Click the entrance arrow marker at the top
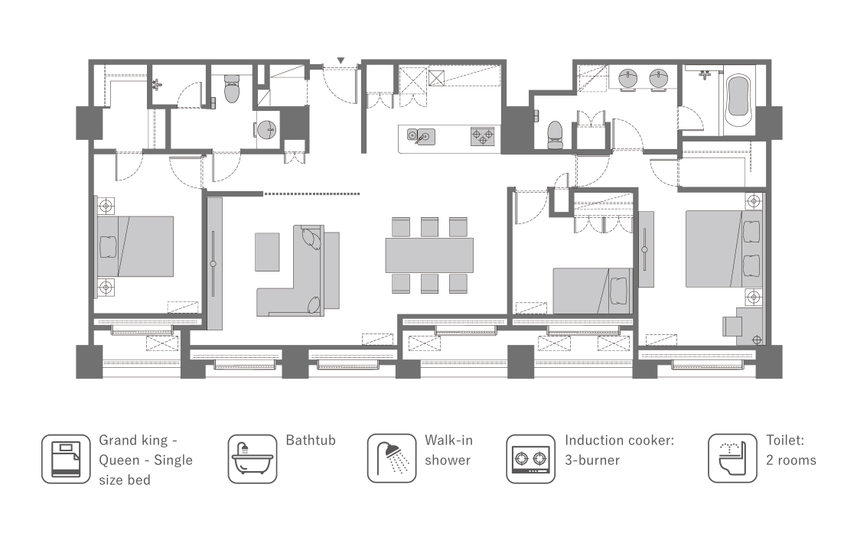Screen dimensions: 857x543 click(x=341, y=60)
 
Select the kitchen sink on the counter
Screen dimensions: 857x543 click(x=421, y=137)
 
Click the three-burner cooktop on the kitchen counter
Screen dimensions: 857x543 click(x=483, y=136)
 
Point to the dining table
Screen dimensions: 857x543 click(x=429, y=255)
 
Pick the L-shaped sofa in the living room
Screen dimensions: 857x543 click(x=298, y=271)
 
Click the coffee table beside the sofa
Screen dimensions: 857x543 click(x=267, y=252)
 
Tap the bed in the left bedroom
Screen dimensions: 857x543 click(x=135, y=246)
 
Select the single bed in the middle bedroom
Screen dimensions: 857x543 click(x=593, y=291)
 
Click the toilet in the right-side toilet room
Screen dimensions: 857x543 click(x=556, y=135)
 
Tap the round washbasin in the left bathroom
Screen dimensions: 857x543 click(x=267, y=130)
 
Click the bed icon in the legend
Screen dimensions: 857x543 click(x=66, y=459)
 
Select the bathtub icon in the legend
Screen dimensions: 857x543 click(x=253, y=459)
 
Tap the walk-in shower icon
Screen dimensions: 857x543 click(x=392, y=459)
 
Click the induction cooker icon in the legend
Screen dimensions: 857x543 click(x=531, y=459)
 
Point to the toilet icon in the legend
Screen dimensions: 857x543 click(x=733, y=459)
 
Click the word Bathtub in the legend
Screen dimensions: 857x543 click(x=311, y=441)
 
